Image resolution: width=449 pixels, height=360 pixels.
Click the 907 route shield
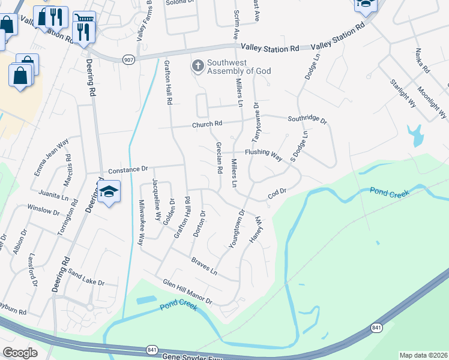coord(129,59)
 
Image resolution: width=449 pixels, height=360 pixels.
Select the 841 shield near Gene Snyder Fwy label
coord(151,349)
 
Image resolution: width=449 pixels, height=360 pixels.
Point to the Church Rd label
coord(207,124)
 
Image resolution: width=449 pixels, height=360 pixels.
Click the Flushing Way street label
coord(263,155)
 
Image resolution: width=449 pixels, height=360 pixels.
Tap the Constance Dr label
coord(127,169)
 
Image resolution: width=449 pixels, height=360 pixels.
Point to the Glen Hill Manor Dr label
coord(188,290)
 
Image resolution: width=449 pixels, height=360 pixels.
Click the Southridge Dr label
coord(307,119)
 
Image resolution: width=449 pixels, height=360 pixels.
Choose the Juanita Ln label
coord(53,195)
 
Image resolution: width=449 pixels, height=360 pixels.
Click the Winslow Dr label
coord(44,210)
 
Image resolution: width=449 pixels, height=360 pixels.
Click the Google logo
coord(20,353)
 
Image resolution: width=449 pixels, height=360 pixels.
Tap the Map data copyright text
coord(423,355)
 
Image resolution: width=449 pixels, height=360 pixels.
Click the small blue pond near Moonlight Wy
coord(414,136)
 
